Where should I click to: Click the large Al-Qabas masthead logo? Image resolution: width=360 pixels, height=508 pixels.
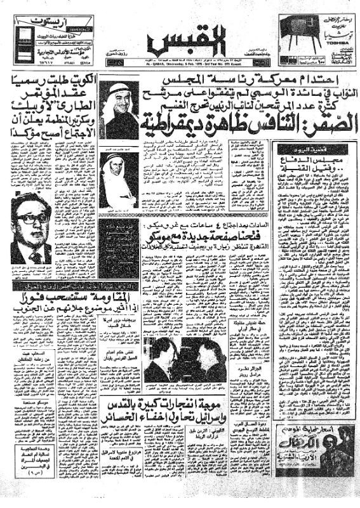[x=183, y=43]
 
